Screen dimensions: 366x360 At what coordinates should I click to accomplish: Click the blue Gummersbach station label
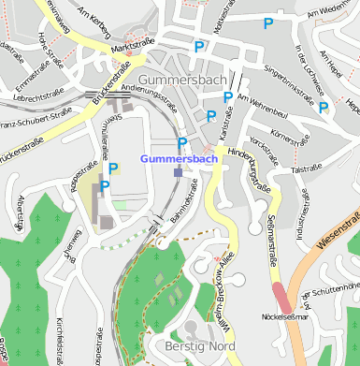pos(179,159)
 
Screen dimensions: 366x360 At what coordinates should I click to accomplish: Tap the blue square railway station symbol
pos(178,171)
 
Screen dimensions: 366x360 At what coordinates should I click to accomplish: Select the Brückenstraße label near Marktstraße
pos(109,84)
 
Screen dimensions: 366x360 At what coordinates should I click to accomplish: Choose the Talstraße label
pos(307,169)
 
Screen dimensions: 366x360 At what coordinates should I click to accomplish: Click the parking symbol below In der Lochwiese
pos(323,108)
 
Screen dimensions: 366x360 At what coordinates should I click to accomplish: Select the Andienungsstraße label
pos(150,94)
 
